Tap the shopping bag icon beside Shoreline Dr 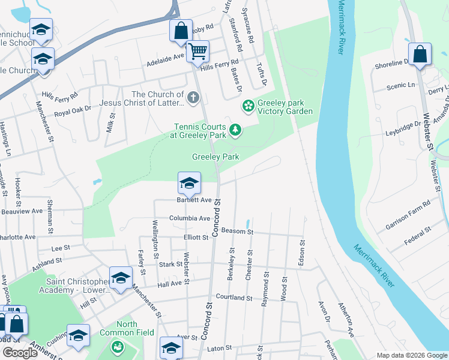420,53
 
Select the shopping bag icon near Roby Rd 181,30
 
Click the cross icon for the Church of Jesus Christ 193,97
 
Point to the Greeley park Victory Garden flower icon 248,106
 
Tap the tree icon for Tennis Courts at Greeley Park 236,129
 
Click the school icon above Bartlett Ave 189,182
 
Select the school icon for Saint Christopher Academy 121,277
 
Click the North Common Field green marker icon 118,347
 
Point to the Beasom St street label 237,232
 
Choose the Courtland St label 234,297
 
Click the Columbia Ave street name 190,218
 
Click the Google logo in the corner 20,353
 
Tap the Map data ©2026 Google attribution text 411,355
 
